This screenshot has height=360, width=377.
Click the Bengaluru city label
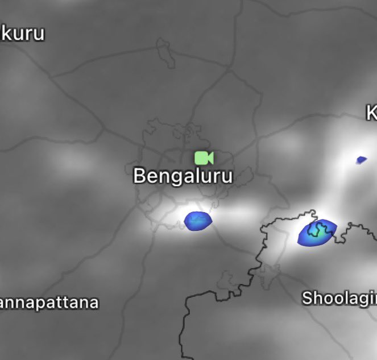tap(183, 176)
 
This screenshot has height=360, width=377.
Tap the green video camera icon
tap(204, 158)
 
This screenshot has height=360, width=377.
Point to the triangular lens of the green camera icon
tap(210, 158)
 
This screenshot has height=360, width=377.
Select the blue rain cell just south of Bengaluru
tap(198, 220)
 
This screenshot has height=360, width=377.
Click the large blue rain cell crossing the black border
tap(317, 233)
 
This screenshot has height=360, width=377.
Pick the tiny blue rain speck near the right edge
tap(361, 160)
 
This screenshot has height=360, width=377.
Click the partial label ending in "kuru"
tap(22, 33)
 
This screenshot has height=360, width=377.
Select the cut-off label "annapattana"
tap(49, 302)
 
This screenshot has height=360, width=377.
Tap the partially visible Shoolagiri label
tap(339, 298)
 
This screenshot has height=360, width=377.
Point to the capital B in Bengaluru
tap(139, 176)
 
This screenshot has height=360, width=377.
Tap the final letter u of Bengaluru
tap(227, 177)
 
